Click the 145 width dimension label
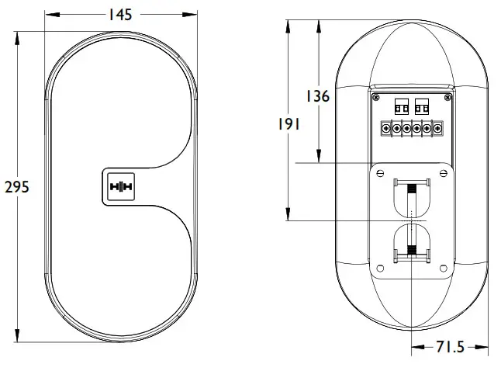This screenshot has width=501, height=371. coord(120,15)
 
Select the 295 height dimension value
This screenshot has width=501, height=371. coord(17,187)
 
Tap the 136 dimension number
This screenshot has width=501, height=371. coord(316,96)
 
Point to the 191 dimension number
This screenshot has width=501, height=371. coord(286,124)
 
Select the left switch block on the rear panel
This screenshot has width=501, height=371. coord(403,106)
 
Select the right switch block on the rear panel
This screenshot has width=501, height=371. coord(422,106)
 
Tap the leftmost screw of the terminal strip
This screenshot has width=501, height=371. coord(385,128)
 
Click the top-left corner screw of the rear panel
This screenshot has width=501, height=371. coord(377,98)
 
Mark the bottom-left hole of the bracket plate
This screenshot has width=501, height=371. coord(379,269)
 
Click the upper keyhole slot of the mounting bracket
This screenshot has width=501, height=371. coord(411,198)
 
